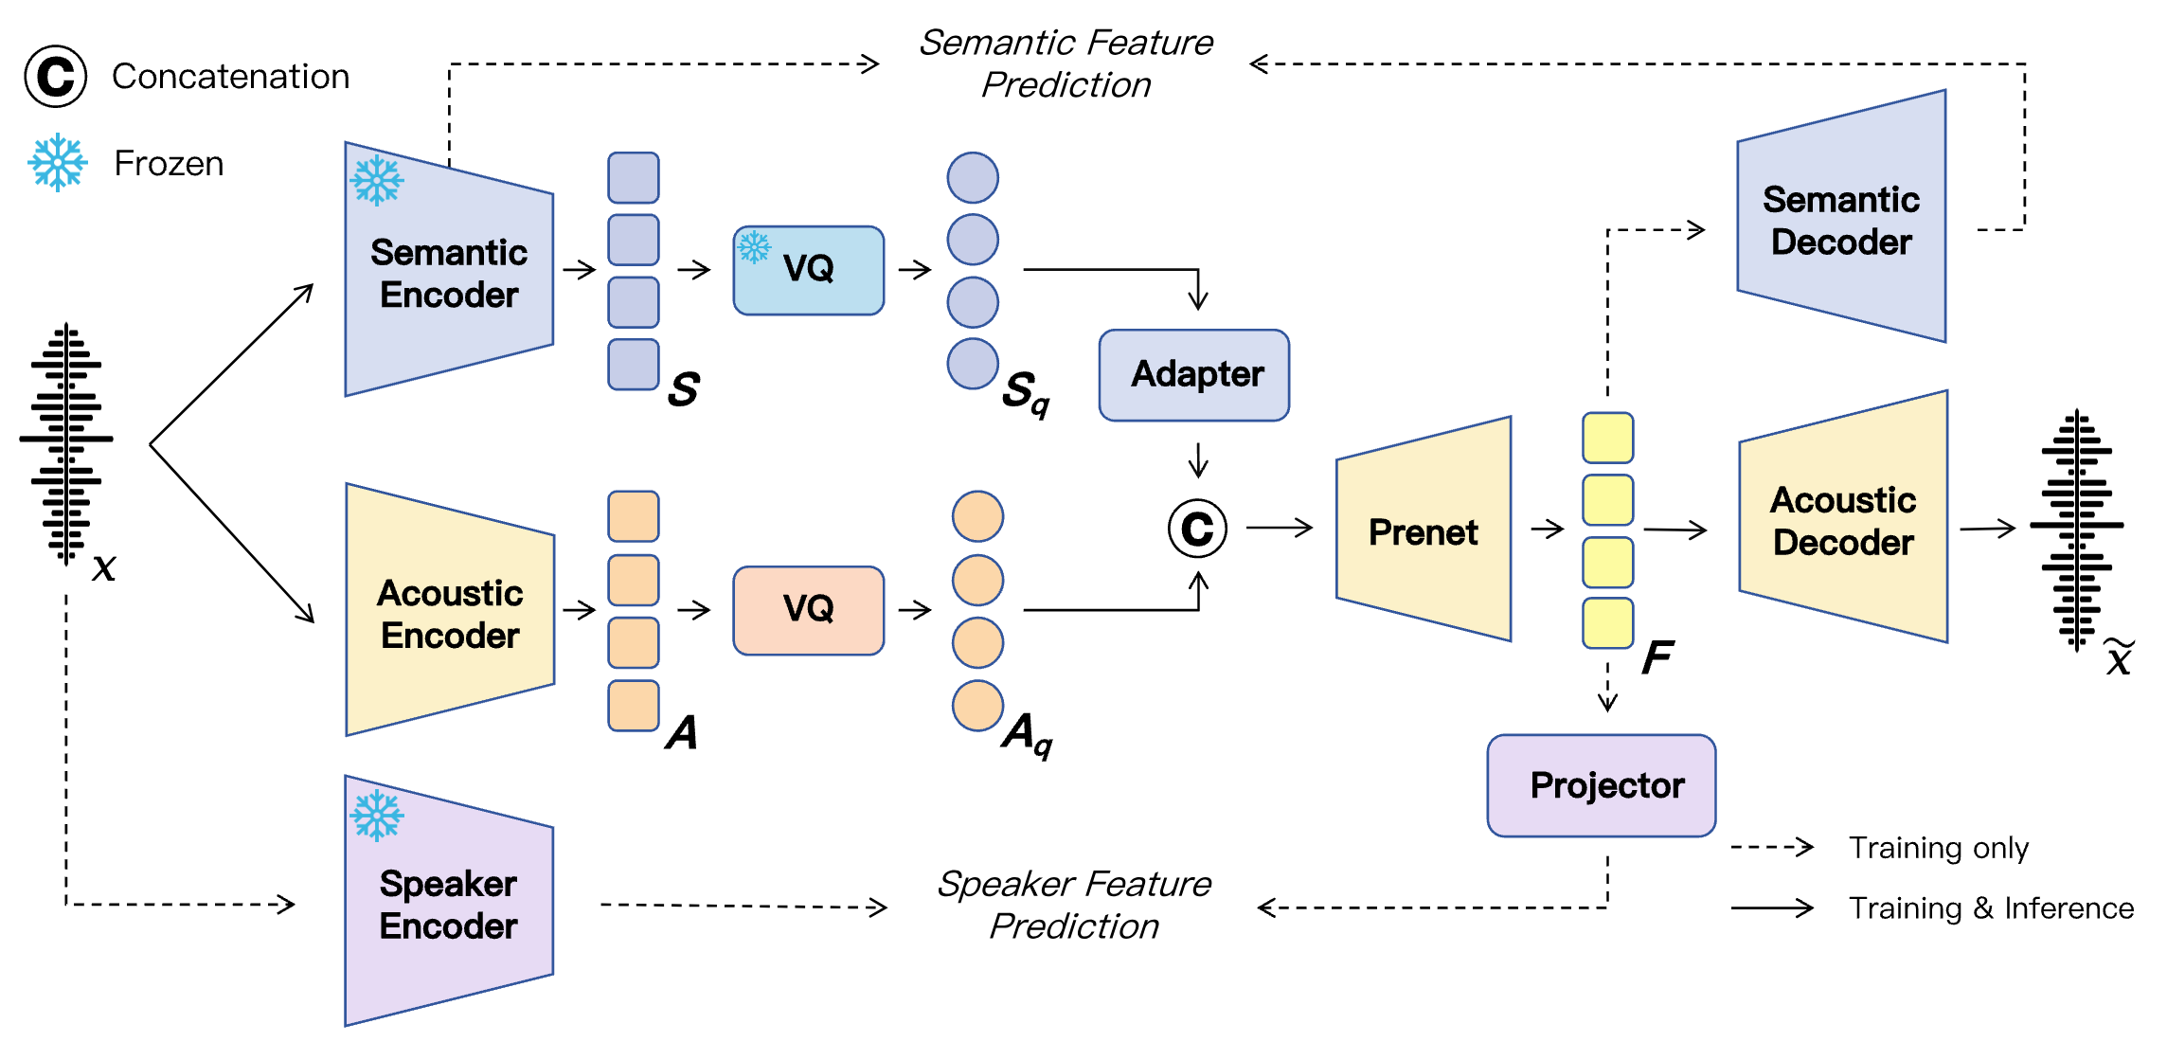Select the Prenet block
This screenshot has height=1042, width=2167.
(1423, 531)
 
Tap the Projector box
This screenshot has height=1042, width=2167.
(1601, 785)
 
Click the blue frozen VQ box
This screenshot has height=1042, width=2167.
(808, 270)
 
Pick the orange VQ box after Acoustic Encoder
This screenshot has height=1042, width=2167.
(808, 610)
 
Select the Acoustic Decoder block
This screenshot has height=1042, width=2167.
(1842, 520)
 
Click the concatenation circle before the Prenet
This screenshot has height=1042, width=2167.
(1197, 529)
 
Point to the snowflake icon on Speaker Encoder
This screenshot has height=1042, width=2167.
(376, 815)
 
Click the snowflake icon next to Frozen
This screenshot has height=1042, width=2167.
(57, 162)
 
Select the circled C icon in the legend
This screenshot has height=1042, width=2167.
(56, 76)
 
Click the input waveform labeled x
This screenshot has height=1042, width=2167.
(65, 443)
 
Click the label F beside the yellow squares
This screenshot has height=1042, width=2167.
(1657, 656)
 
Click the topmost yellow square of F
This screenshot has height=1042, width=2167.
(1607, 438)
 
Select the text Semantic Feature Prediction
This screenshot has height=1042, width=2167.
(1066, 63)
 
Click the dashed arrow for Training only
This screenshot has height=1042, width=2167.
(1771, 847)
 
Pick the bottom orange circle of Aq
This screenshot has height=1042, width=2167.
(977, 706)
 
